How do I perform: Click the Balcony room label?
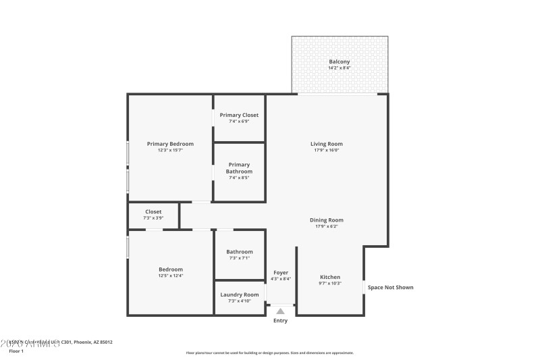(340, 61)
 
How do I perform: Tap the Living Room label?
(327, 143)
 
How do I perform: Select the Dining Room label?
(327, 220)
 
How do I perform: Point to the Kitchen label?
(330, 277)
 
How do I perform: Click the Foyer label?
(281, 272)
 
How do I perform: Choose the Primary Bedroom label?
(170, 143)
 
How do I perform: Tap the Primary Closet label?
(239, 115)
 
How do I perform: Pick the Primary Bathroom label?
(239, 168)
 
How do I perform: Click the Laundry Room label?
(240, 294)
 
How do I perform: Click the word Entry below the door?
(281, 321)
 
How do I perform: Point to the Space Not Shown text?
(391, 287)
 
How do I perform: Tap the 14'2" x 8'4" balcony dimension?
(340, 68)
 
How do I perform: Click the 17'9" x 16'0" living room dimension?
(327, 150)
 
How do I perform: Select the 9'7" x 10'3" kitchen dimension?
(330, 284)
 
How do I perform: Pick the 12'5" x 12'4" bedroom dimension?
(170, 276)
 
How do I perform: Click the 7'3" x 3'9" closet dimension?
(153, 218)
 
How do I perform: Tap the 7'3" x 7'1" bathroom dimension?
(240, 258)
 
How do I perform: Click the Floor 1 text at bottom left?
(16, 351)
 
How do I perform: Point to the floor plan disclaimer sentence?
(270, 353)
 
